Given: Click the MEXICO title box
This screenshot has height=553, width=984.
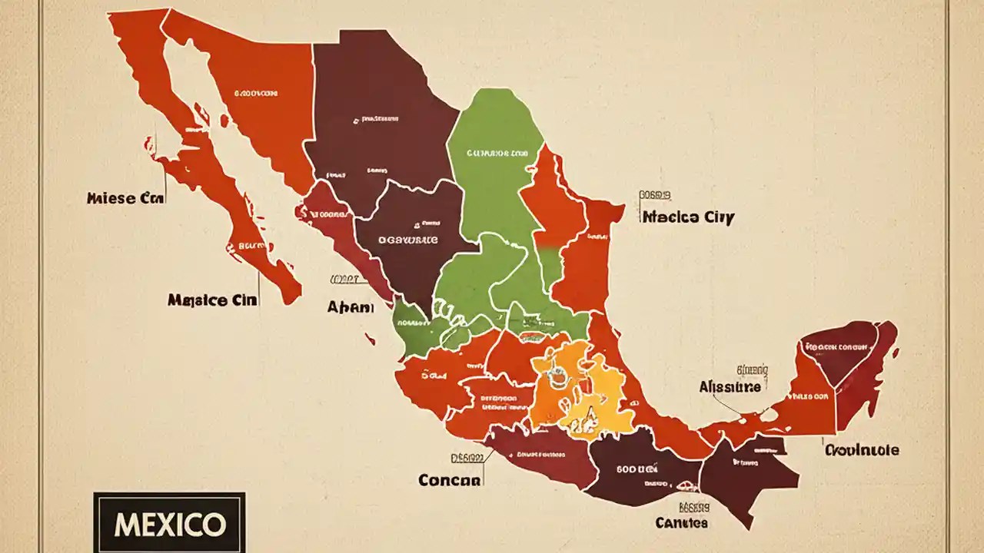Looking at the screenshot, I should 169,524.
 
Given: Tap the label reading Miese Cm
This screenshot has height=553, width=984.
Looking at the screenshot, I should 125,198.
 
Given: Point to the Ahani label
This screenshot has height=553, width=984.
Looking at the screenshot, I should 351,307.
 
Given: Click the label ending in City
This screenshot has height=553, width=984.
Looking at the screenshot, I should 688,217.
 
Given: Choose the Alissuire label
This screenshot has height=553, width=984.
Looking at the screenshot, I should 730,387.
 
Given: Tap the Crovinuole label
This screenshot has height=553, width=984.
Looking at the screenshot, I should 862,450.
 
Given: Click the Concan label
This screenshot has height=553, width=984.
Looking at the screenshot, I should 450,480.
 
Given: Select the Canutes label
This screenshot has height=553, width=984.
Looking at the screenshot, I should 681,523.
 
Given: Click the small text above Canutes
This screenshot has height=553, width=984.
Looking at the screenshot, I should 694,507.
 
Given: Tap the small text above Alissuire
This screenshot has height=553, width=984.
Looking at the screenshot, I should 753,370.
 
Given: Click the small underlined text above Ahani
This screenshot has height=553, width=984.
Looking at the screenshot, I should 344,280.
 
